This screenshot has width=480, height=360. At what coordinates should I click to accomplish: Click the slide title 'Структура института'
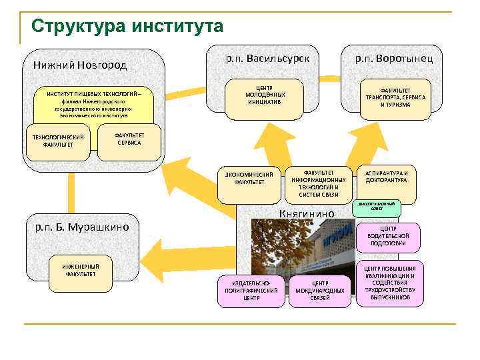point(127,27)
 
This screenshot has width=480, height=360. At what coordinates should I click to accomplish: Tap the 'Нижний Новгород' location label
point(80,65)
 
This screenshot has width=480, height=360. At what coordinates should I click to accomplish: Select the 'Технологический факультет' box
point(59,141)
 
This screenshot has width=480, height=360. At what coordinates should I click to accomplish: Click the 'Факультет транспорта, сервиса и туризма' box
point(395,97)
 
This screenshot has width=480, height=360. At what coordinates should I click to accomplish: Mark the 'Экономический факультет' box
point(249,179)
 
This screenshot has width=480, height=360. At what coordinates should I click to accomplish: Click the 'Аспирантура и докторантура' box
point(386,177)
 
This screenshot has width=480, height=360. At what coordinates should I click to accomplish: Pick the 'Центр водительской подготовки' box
point(388,236)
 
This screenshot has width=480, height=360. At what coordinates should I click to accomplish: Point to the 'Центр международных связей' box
point(319,291)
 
